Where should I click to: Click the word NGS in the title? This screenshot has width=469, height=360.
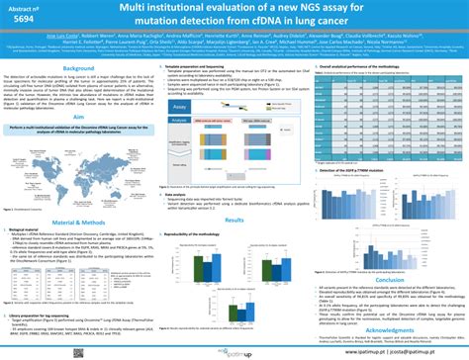pyautogui.click(x=314, y=9)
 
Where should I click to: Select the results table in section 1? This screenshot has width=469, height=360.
pyautogui.click(x=388, y=107)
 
